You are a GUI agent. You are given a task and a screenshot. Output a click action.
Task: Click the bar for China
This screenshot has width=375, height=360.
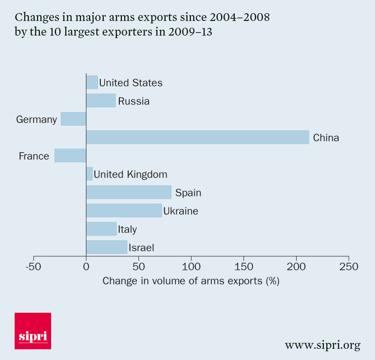click(x=197, y=137)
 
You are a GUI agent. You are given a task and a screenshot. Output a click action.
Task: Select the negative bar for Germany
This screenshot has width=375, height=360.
click(x=74, y=119)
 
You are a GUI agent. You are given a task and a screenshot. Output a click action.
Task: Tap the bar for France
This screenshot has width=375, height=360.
click(x=70, y=156)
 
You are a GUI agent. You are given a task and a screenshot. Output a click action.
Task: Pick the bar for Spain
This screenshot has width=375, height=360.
click(x=129, y=192)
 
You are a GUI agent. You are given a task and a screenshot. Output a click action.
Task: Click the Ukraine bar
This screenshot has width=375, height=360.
click(x=124, y=210)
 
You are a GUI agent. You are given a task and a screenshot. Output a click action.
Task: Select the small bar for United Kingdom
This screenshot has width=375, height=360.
click(x=89, y=174)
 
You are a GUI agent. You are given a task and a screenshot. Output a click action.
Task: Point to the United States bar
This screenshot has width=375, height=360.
click(x=92, y=82)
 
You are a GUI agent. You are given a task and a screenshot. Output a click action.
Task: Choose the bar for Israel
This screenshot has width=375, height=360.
click(x=106, y=247)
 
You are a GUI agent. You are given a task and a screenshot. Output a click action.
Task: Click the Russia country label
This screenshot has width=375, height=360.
click(x=133, y=101)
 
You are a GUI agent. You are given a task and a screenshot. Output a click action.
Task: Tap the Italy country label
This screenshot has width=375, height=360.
click(x=127, y=229)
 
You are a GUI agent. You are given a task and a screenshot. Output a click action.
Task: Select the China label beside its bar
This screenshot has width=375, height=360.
click(x=326, y=138)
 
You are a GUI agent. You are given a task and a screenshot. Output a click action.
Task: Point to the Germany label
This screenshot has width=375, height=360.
click(x=37, y=119)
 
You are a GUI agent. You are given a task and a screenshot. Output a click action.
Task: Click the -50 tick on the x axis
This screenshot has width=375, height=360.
click(x=33, y=267)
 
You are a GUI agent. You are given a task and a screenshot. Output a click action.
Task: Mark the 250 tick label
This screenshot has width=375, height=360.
click(x=349, y=267)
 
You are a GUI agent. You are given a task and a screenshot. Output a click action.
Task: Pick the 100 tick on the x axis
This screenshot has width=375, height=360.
click(x=191, y=267)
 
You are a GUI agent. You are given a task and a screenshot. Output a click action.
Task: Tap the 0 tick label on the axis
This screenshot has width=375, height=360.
click(x=86, y=267)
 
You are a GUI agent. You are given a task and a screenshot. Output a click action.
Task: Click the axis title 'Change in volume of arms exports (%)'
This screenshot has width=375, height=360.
click(x=190, y=281)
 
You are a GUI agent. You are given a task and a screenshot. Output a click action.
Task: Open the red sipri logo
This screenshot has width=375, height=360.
click(x=33, y=331)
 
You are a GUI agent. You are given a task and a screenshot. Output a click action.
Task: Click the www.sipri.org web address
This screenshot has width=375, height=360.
click(x=322, y=345)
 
